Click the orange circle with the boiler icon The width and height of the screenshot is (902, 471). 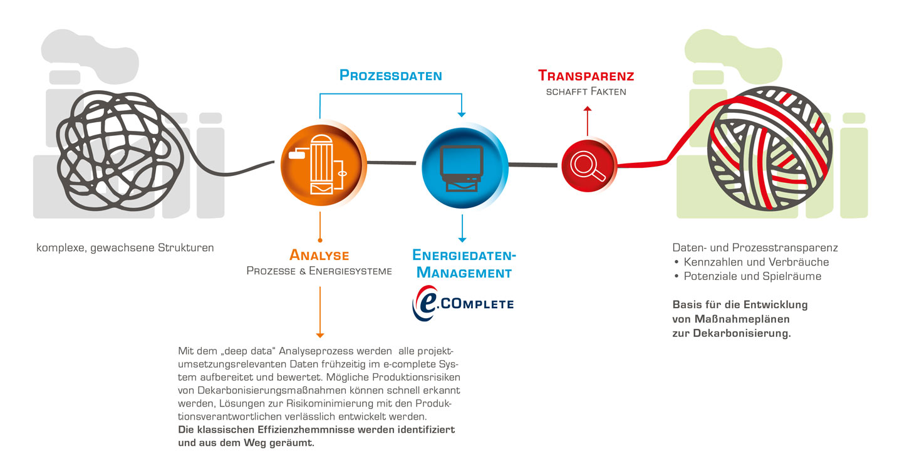tap(321, 162)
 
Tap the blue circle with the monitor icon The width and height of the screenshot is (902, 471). tap(462, 164)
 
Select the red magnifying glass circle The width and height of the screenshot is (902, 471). tap(588, 165)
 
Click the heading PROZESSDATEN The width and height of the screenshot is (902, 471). tap(390, 76)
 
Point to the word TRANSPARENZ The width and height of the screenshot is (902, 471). tap(586, 76)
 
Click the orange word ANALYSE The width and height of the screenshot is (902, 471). tap(319, 256)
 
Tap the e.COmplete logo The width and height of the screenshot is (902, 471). tap(462, 304)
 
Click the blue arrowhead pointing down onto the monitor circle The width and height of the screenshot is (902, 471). tap(462, 113)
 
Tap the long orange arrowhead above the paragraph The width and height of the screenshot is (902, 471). tap(319, 333)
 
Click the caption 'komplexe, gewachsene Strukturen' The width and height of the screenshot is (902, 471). tap(125, 247)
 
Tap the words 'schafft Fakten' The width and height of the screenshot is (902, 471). tap(586, 92)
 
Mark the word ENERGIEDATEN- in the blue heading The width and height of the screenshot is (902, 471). tap(464, 256)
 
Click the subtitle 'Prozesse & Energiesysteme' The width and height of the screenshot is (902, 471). tap(319, 271)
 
